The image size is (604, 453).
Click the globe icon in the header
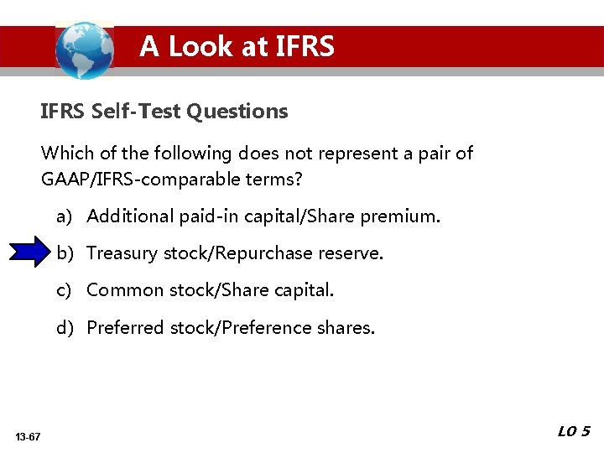coord(84,49)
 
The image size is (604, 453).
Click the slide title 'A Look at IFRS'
coord(237,46)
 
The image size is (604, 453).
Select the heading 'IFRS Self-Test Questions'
coord(164,111)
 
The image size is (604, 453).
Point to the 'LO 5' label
coord(574,431)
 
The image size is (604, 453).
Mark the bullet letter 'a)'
coord(65,216)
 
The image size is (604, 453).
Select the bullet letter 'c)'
coord(65,290)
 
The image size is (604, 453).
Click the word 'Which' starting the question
coord(64,154)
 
